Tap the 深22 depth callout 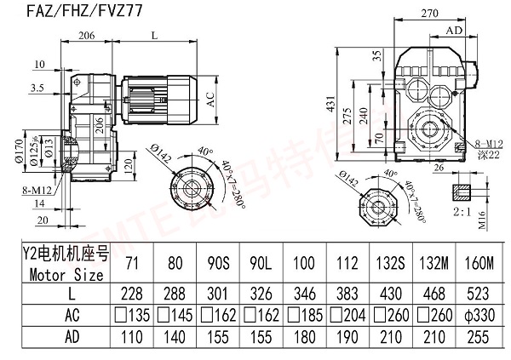point(487,154)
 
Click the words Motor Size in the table point(66,275)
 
